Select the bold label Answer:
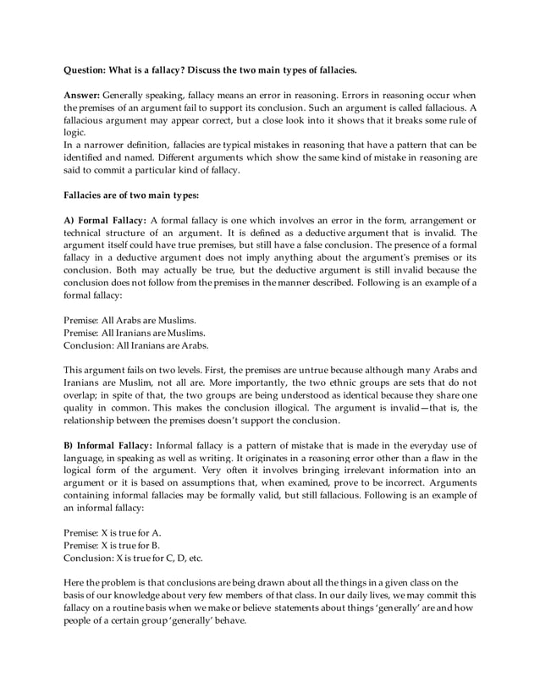[x=83, y=96]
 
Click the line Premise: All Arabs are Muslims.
[x=129, y=321]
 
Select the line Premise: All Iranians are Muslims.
[x=134, y=333]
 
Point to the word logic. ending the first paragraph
[x=75, y=133]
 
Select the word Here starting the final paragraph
[x=74, y=581]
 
